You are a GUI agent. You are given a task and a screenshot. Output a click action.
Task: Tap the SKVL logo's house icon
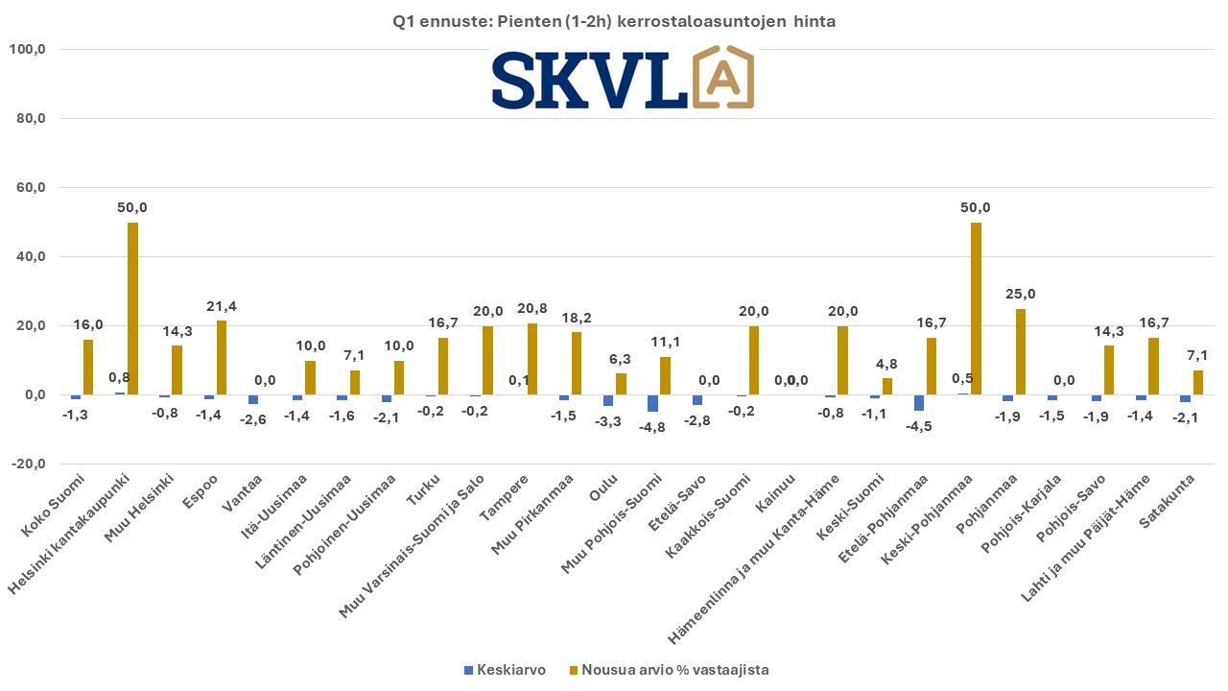723,78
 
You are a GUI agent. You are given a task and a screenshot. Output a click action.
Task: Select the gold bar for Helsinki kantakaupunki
132,308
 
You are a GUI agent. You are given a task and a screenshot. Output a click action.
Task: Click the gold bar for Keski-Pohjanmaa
976,308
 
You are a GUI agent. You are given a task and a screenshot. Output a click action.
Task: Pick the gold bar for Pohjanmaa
1020,351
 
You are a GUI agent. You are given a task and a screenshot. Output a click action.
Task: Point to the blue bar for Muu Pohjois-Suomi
653,403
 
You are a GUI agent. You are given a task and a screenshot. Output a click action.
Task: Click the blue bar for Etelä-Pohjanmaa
919,402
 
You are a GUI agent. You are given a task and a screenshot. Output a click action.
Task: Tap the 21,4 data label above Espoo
221,306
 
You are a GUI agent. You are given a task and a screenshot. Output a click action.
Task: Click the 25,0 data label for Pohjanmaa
1020,294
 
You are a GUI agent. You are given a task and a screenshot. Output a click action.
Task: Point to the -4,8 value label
651,428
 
